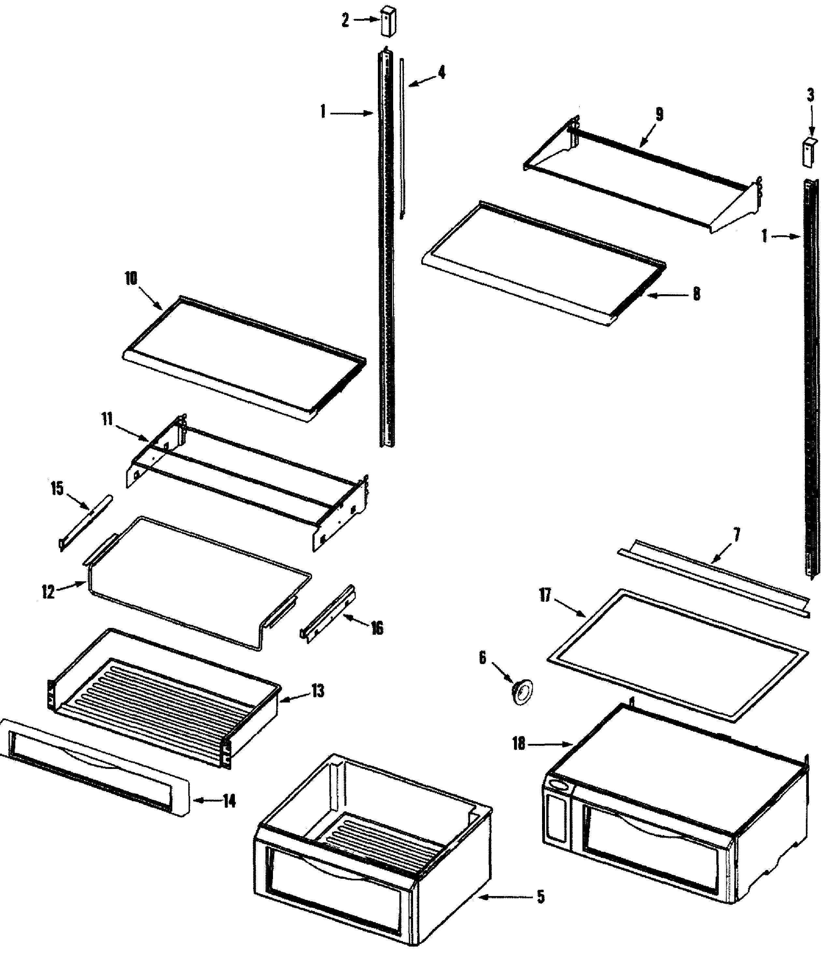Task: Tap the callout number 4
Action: tap(441, 73)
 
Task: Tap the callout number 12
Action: tap(48, 592)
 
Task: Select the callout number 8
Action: tap(696, 294)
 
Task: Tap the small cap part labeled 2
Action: tap(388, 21)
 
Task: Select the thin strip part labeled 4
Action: tap(402, 140)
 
